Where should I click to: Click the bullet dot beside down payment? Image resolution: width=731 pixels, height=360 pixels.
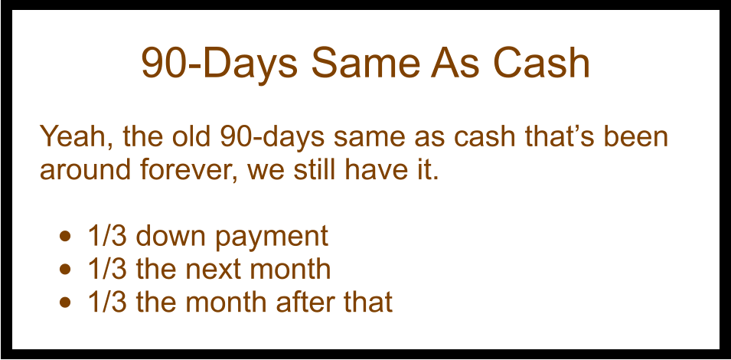coord(67,236)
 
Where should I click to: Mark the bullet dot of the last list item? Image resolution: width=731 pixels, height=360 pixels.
coord(67,303)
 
